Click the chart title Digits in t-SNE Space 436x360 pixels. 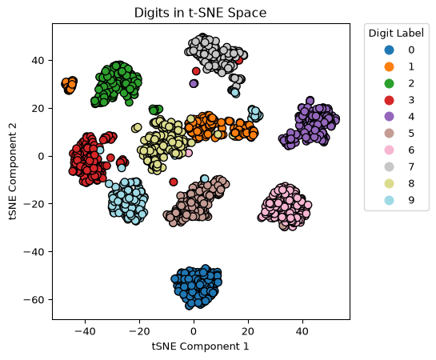[200, 13]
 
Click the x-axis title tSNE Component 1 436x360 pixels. [200, 346]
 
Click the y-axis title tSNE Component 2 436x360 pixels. [13, 171]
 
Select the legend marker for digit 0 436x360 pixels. [389, 50]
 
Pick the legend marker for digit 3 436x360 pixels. [389, 100]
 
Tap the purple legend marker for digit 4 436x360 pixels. [389, 117]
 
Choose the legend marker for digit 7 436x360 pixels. [389, 166]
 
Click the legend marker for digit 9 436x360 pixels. [389, 200]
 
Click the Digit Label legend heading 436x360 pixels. [396, 34]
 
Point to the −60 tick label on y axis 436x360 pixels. [34, 300]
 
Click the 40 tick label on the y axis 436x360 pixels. [38, 60]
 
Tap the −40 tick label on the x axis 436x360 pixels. [85, 331]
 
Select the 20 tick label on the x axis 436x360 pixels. [248, 331]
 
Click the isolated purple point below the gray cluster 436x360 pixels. [194, 83]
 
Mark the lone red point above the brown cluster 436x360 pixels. [174, 182]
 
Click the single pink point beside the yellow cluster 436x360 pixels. [189, 153]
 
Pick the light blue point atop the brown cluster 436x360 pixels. [204, 178]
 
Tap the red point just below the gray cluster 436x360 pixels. [196, 71]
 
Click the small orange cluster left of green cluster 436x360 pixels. [69, 85]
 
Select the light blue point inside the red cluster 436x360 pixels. [100, 150]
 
